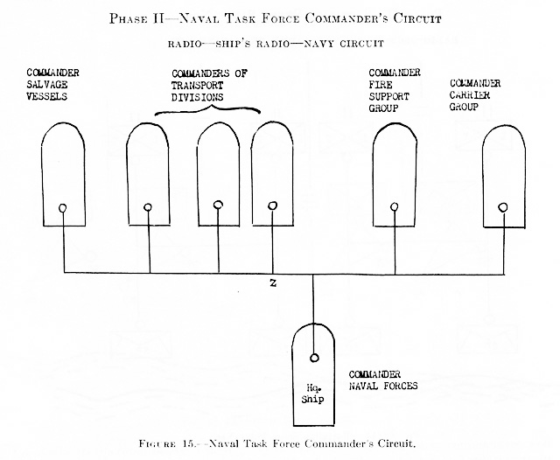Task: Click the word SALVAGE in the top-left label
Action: (46, 85)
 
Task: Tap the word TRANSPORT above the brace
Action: (197, 86)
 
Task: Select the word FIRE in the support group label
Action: (381, 85)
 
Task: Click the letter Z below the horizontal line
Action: (273, 283)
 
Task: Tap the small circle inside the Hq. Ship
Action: (314, 358)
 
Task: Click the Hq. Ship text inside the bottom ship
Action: (313, 394)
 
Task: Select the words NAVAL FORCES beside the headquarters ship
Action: (383, 386)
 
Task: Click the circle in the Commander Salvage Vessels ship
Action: (62, 208)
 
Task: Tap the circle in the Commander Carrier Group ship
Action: (503, 207)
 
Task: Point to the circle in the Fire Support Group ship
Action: (395, 207)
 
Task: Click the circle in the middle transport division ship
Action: (218, 206)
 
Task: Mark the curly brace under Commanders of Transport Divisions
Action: (207, 108)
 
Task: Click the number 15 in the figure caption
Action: (188, 443)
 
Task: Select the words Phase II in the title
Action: (136, 18)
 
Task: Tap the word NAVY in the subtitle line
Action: (318, 44)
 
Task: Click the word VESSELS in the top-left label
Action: (46, 96)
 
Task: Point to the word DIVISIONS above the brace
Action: (197, 97)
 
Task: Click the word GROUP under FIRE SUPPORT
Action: (383, 108)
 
